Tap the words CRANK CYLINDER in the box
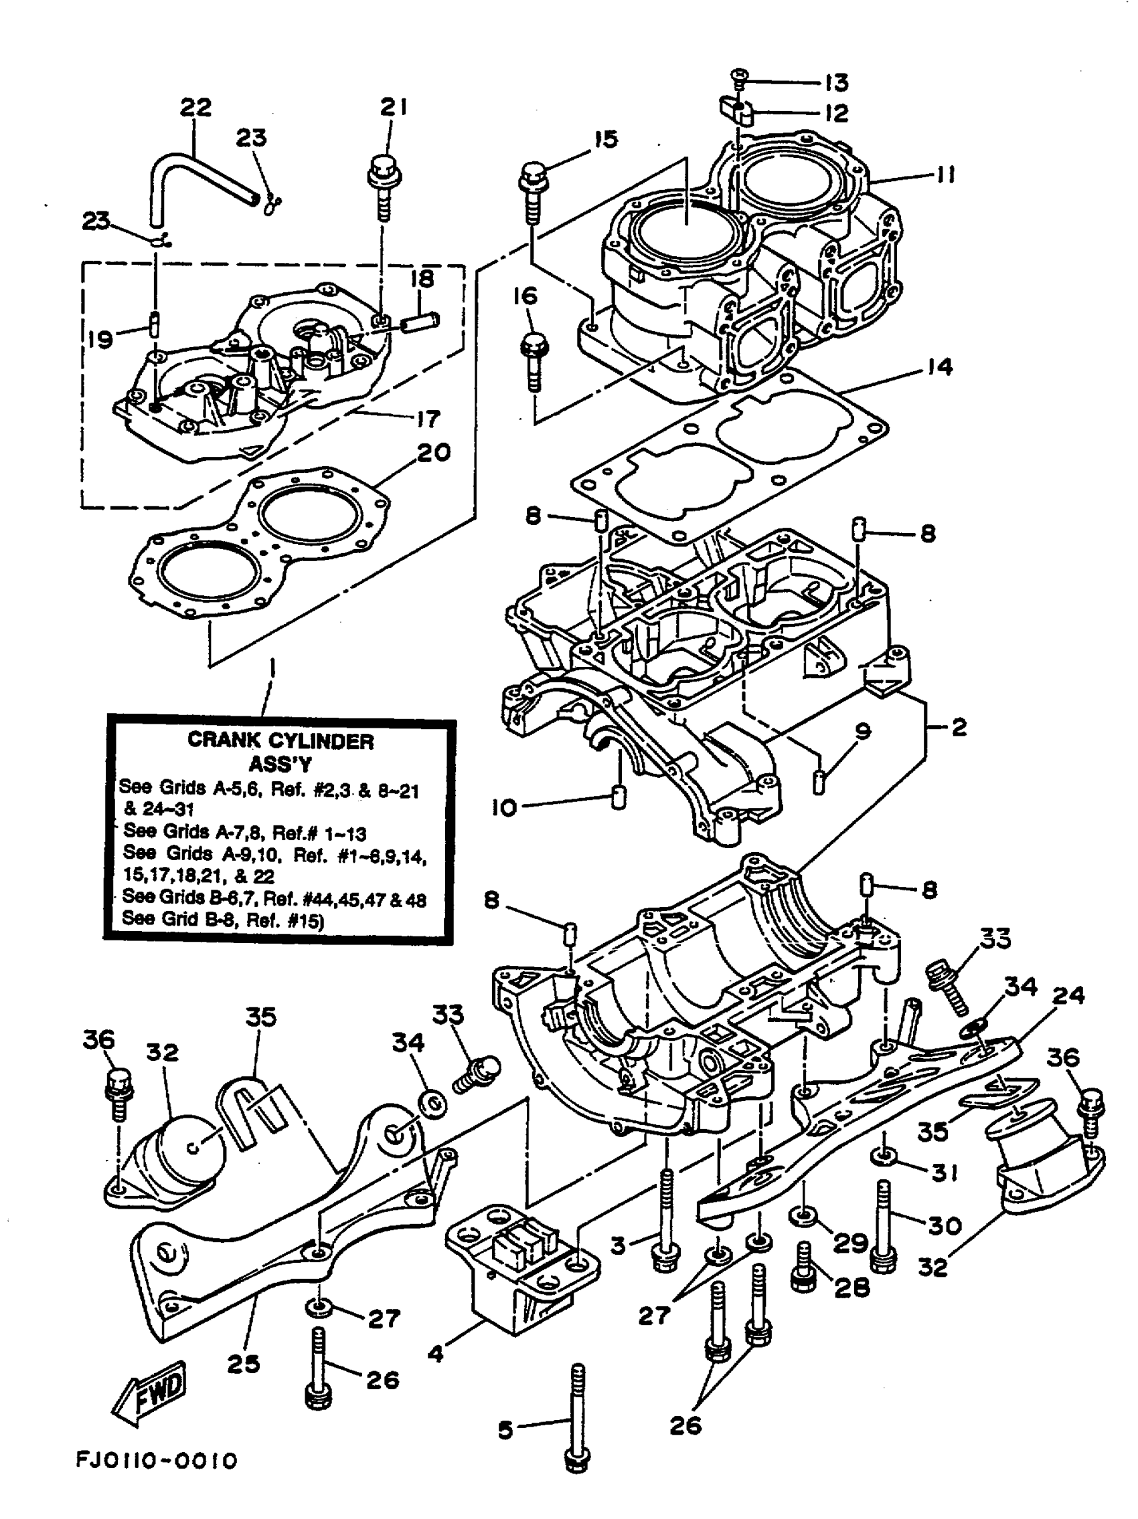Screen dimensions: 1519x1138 280,741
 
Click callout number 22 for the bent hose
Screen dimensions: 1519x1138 195,108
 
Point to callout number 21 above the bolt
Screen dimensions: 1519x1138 393,107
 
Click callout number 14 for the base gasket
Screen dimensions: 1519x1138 939,367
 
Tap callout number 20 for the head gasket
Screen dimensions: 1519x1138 434,452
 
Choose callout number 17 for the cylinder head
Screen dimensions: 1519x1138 428,418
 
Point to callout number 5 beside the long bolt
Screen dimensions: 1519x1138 505,1431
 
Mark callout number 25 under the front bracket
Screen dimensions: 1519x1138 243,1363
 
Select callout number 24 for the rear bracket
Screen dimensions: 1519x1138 1068,995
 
